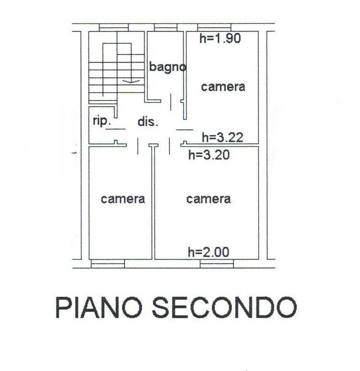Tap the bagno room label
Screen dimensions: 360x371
pyautogui.click(x=167, y=67)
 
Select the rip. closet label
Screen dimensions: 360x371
pyautogui.click(x=101, y=121)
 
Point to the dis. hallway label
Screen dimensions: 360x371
pyautogui.click(x=148, y=122)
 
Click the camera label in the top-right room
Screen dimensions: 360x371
pyautogui.click(x=223, y=87)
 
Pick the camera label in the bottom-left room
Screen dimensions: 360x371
pyautogui.click(x=123, y=199)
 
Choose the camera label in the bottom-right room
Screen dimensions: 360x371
pyautogui.click(x=208, y=199)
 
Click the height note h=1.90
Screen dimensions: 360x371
pyautogui.click(x=220, y=39)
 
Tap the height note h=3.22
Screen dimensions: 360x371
pyautogui.click(x=222, y=137)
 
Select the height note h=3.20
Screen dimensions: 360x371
pyautogui.click(x=209, y=155)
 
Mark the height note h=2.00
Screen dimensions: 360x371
pyautogui.click(x=208, y=252)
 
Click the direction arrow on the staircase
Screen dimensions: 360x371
pyautogui.click(x=131, y=81)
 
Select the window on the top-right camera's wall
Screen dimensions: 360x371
pyautogui.click(x=214, y=27)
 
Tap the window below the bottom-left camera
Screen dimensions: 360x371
pyautogui.click(x=107, y=264)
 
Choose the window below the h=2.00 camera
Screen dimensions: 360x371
pyautogui.click(x=216, y=264)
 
